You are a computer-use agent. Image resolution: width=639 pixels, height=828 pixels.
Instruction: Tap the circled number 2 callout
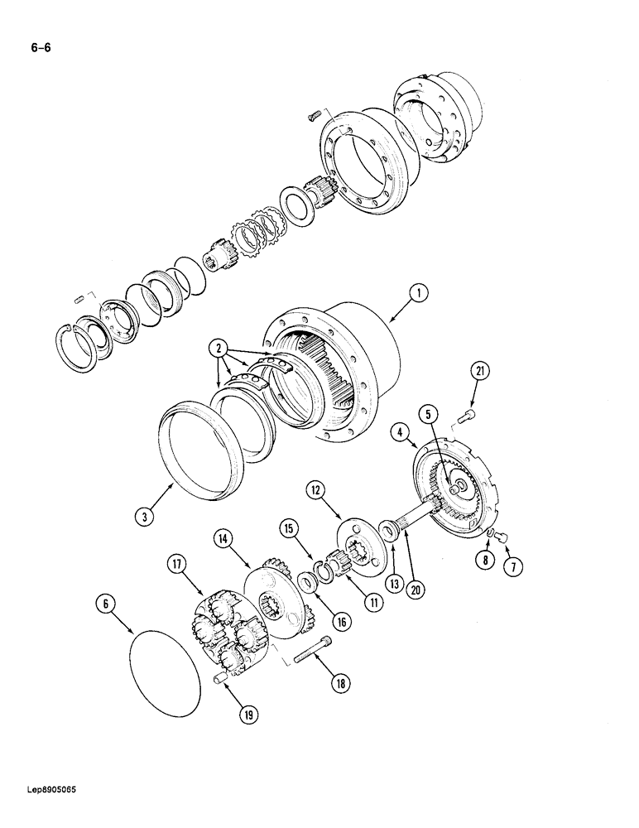[219, 349]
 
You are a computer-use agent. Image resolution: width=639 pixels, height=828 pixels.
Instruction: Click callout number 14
[223, 538]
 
